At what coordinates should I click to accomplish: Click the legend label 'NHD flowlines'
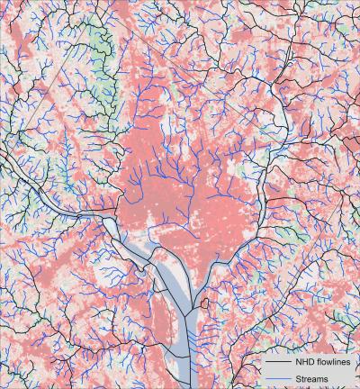(320, 362)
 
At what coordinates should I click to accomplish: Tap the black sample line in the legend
(276, 362)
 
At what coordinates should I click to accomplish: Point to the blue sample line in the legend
(276, 379)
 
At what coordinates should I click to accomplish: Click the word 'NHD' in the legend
(305, 362)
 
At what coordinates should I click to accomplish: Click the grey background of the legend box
(346, 371)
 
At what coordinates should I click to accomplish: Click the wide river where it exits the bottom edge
(186, 383)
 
